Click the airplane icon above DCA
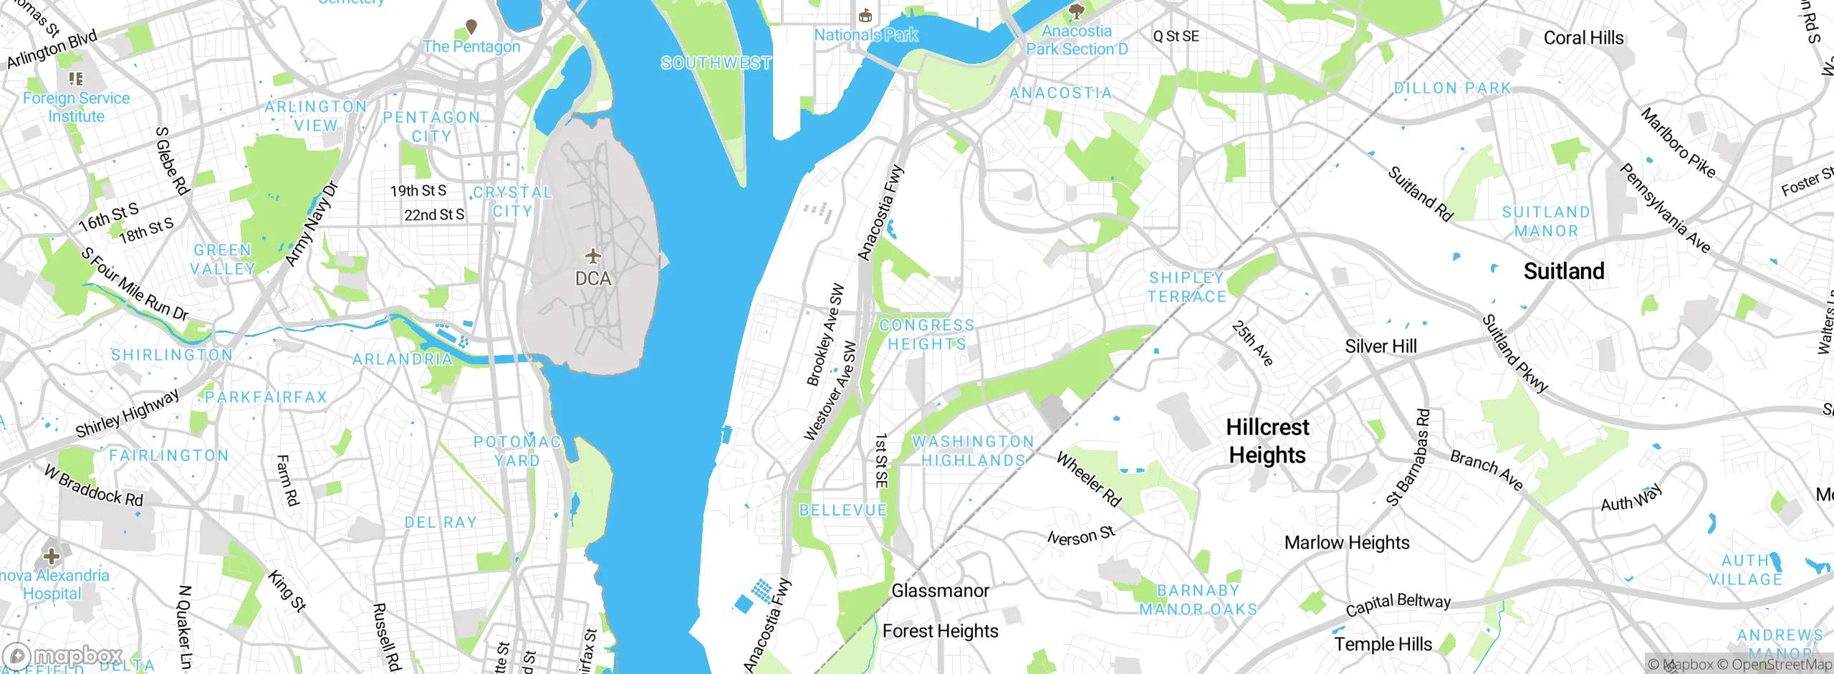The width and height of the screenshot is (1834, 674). tap(592, 256)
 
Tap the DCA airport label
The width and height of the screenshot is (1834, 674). tap(593, 278)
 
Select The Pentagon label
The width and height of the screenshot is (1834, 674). tap(471, 47)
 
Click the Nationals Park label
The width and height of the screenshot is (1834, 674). tap(865, 34)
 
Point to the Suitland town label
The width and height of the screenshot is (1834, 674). tap(1564, 271)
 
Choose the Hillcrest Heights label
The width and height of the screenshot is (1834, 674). tap(1267, 441)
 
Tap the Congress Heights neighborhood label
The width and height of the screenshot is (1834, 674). tap(927, 335)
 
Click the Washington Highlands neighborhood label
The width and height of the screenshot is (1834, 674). tap(973, 451)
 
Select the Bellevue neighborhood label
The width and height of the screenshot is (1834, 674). tap(843, 511)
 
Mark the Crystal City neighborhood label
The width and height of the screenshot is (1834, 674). tap(512, 201)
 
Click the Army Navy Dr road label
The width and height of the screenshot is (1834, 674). tap(311, 224)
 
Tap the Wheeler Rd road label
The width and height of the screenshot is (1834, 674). tap(1089, 479)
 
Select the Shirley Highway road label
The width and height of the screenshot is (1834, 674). tap(128, 414)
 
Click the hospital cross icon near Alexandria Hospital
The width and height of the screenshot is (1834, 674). tap(52, 556)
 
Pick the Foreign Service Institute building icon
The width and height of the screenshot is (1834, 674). tap(76, 78)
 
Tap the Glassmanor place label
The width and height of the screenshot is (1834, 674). tap(940, 591)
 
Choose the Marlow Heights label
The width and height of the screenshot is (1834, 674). tap(1346, 543)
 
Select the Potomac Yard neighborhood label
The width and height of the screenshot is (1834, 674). tap(517, 451)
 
